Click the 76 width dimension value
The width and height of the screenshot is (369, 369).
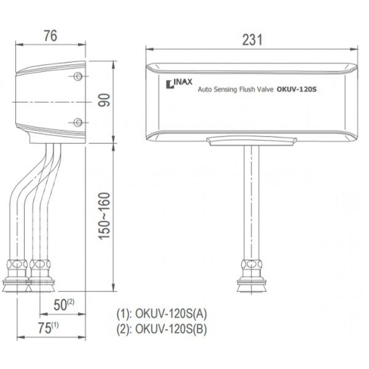50,36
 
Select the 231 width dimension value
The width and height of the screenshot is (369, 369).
252,40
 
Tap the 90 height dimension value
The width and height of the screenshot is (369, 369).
105,100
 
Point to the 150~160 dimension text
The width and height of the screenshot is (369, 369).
105,216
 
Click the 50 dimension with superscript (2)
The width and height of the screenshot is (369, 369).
64,305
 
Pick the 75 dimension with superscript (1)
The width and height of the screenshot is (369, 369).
48,328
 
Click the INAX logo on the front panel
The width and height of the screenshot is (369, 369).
179,84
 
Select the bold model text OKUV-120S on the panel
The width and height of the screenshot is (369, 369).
296,89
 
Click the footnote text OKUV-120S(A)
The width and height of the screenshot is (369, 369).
171,314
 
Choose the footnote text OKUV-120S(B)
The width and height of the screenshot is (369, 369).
171,329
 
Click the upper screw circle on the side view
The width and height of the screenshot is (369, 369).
78,76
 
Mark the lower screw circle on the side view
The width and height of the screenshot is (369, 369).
78,122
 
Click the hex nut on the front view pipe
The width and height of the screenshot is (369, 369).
252,264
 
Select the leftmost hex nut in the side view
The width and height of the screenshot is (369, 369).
17,264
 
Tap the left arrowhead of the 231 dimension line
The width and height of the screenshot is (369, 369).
149,49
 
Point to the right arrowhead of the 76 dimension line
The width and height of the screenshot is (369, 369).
82,44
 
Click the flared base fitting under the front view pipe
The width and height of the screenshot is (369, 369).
252,285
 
